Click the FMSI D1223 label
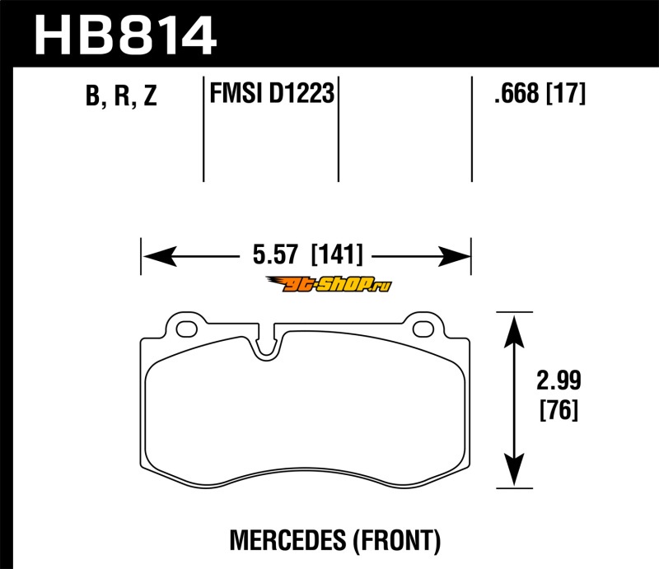click(x=272, y=93)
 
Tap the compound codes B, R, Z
click(x=121, y=95)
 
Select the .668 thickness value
click(x=516, y=93)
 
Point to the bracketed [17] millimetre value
click(x=566, y=93)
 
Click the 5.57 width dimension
click(x=275, y=254)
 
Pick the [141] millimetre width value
click(x=337, y=254)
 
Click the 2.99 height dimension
click(x=559, y=380)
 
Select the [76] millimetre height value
click(x=559, y=409)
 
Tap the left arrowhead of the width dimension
click(x=160, y=256)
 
